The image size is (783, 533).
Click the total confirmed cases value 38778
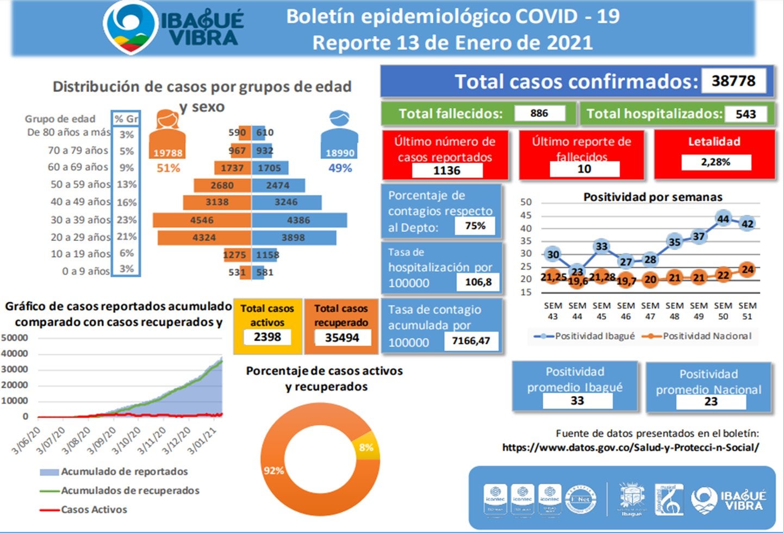coord(734,81)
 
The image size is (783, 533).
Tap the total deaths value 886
coord(539,113)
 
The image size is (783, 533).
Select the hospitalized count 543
coord(745,114)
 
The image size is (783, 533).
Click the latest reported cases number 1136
coord(446,171)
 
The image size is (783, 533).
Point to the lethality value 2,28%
coord(715,162)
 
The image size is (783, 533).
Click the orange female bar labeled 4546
coord(202,220)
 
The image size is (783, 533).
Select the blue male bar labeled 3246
coord(286,202)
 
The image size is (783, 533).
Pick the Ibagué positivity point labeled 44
coord(723,219)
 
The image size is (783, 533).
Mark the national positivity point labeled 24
coord(748,269)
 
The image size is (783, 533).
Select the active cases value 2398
coord(267,337)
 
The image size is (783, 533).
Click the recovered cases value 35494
coord(341,338)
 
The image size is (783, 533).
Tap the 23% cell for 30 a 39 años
coord(126,220)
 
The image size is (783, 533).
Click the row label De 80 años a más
coord(69,132)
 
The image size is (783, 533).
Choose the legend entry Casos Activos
coord(94,510)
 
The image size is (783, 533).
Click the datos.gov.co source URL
coord(630,448)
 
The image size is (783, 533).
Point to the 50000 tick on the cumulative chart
coord(15,338)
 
